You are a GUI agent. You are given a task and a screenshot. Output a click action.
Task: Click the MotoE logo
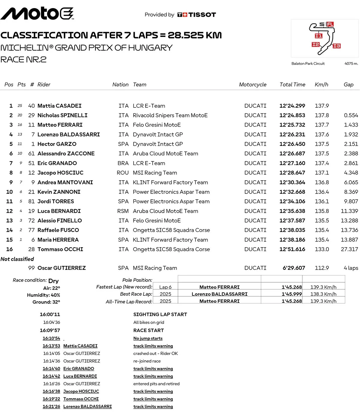(x=37, y=13)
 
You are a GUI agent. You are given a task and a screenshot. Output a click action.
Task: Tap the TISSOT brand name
(x=202, y=15)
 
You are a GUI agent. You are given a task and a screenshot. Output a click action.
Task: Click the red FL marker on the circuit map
(x=330, y=24)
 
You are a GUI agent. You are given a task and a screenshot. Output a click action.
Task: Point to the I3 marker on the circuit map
(x=337, y=46)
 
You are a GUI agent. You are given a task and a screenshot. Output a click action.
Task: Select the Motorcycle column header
(x=253, y=85)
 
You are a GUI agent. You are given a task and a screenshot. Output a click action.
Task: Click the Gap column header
(x=348, y=85)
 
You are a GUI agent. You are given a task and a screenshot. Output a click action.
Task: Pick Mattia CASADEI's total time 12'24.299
(x=292, y=106)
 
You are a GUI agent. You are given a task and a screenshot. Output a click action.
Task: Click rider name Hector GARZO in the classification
(x=57, y=144)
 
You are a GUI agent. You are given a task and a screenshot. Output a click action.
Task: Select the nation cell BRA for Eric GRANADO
(x=123, y=163)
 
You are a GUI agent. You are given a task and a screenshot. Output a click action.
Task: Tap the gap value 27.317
(x=349, y=249)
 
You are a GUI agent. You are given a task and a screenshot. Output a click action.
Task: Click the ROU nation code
(x=123, y=173)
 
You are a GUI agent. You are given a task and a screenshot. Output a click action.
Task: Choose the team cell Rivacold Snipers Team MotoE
(x=170, y=115)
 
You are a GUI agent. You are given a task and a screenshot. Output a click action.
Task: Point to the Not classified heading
(x=17, y=259)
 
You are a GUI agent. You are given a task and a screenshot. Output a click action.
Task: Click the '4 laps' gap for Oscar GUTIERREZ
(x=351, y=268)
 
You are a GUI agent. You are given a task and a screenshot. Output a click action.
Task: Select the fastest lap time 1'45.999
(x=292, y=294)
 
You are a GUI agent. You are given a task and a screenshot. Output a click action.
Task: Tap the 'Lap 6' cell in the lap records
(x=165, y=287)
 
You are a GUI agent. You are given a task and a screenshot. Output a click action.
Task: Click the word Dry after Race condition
(x=53, y=281)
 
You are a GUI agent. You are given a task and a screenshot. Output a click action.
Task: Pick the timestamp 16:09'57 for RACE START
(x=50, y=330)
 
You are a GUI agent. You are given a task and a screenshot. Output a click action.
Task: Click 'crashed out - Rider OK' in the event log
(x=155, y=353)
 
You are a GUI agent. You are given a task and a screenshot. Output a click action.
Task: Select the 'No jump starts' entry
(x=148, y=338)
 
